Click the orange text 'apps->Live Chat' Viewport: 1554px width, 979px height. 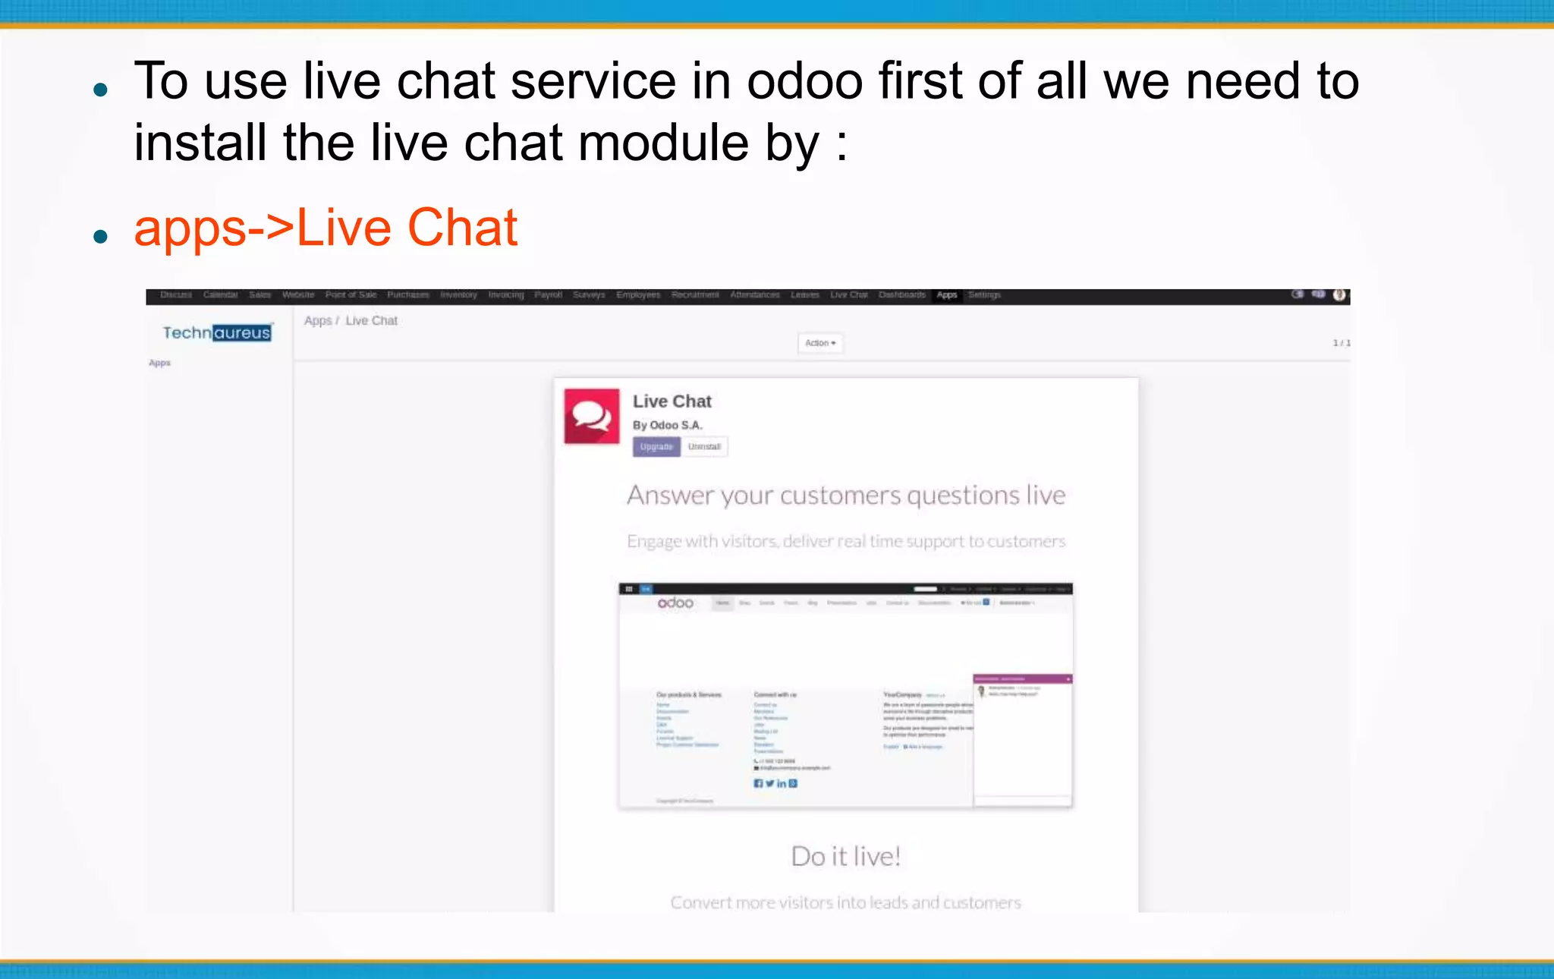click(x=326, y=228)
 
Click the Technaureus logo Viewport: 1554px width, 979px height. click(x=217, y=332)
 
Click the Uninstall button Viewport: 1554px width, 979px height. click(x=703, y=447)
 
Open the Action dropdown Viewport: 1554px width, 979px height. click(x=819, y=343)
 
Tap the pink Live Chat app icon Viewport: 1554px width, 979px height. click(x=592, y=416)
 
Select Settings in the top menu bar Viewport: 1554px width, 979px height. click(x=984, y=295)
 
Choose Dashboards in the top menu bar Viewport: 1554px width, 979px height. click(x=901, y=295)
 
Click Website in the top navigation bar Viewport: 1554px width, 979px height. click(x=298, y=295)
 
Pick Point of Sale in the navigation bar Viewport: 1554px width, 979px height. click(x=351, y=295)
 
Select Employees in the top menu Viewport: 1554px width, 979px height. click(x=638, y=295)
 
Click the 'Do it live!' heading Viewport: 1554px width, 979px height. click(x=845, y=857)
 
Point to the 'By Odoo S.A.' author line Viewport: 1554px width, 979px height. click(x=668, y=425)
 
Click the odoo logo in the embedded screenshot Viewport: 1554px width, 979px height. click(x=675, y=603)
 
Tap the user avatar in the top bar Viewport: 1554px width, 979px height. click(x=1339, y=295)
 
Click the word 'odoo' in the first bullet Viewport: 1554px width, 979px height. click(x=804, y=81)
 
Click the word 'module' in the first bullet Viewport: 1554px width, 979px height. click(x=663, y=143)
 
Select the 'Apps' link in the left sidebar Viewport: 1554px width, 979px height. click(x=159, y=363)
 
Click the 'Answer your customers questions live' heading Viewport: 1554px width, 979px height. click(x=846, y=496)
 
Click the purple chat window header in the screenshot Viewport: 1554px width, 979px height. click(x=1022, y=678)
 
